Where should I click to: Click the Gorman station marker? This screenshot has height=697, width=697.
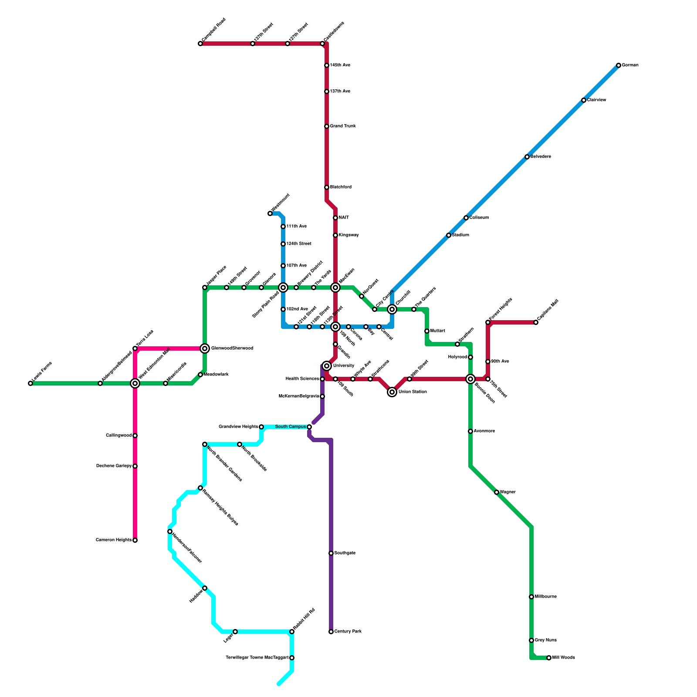[x=619, y=65]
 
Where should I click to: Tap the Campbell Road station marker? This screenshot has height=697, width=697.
[x=200, y=44]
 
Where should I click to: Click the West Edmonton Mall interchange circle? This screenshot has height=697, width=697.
[x=135, y=383]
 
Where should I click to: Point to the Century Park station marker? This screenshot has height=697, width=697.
[x=331, y=632]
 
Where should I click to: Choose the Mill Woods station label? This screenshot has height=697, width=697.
[x=564, y=658]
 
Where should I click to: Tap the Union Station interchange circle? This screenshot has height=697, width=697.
[x=392, y=392]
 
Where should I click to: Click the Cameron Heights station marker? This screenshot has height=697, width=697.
[x=135, y=540]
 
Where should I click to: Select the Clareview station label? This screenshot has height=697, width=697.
[x=596, y=100]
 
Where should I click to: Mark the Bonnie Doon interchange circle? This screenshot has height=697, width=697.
[x=470, y=379]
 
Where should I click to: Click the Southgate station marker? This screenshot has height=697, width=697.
[x=331, y=553]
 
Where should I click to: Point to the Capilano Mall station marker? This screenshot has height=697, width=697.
[x=536, y=322]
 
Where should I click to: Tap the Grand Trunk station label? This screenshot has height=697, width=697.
[x=343, y=126]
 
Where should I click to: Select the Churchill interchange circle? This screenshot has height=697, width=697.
[x=392, y=309]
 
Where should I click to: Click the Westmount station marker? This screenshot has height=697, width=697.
[x=270, y=213]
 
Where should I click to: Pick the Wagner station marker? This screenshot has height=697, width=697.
[x=497, y=492]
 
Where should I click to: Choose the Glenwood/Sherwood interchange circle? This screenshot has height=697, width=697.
[x=205, y=348]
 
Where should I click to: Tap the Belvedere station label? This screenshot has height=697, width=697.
[x=541, y=157]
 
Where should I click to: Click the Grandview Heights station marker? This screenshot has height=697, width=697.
[x=261, y=427]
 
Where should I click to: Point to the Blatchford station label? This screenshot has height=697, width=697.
[x=341, y=187]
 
